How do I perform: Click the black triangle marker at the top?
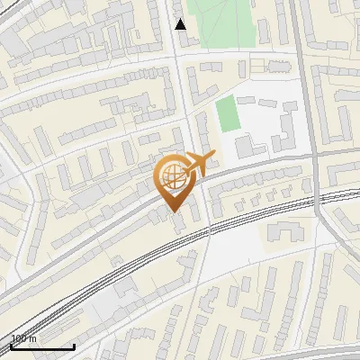pyautogui.click(x=181, y=24)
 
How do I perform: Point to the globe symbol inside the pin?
pyautogui.click(x=173, y=175)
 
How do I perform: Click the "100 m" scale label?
pyautogui.click(x=23, y=338)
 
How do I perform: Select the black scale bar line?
pyautogui.click(x=42, y=347)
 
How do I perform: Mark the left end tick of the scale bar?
pyautogui.click(x=11, y=345)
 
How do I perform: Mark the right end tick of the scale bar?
pyautogui.click(x=74, y=345)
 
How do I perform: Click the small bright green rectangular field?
pyautogui.click(x=228, y=112)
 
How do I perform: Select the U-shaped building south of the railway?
pyautogui.click(x=286, y=232)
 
